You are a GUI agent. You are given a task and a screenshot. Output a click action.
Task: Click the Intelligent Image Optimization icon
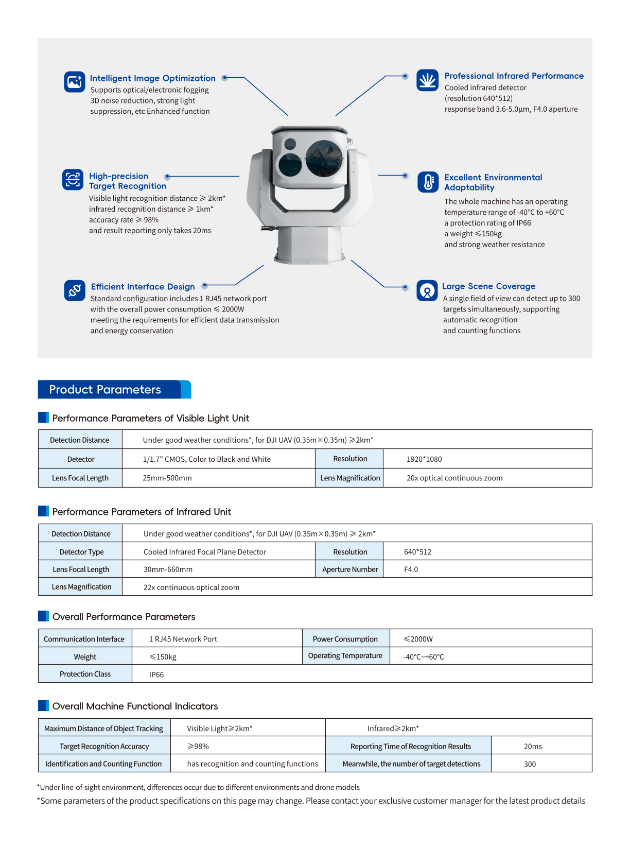74,82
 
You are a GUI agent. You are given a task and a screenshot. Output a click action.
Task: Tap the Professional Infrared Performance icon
427,80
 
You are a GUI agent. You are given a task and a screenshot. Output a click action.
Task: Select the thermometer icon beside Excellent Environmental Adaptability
428,182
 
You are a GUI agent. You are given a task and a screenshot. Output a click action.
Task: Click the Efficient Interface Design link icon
75,290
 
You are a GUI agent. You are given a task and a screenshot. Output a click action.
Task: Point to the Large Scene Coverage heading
488,286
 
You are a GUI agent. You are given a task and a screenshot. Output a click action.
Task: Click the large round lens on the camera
324,158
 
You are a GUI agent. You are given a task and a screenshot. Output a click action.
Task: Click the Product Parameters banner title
105,390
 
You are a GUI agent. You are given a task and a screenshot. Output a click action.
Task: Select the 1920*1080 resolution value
424,459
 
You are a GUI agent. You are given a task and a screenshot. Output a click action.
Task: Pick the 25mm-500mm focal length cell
167,478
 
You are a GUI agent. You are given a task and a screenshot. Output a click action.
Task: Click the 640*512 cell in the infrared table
417,552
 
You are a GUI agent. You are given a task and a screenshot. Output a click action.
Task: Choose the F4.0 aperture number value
411,569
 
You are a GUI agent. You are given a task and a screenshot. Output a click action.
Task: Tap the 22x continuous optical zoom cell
191,587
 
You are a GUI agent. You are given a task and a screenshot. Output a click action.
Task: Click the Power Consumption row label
345,639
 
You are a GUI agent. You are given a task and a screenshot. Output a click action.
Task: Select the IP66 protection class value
156,674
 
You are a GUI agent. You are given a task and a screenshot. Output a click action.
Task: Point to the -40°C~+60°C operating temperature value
424,657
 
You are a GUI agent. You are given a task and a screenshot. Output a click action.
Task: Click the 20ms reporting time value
533,747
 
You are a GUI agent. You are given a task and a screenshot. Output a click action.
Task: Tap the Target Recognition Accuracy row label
104,747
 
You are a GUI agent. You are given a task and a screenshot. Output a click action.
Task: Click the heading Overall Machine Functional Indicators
135,706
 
